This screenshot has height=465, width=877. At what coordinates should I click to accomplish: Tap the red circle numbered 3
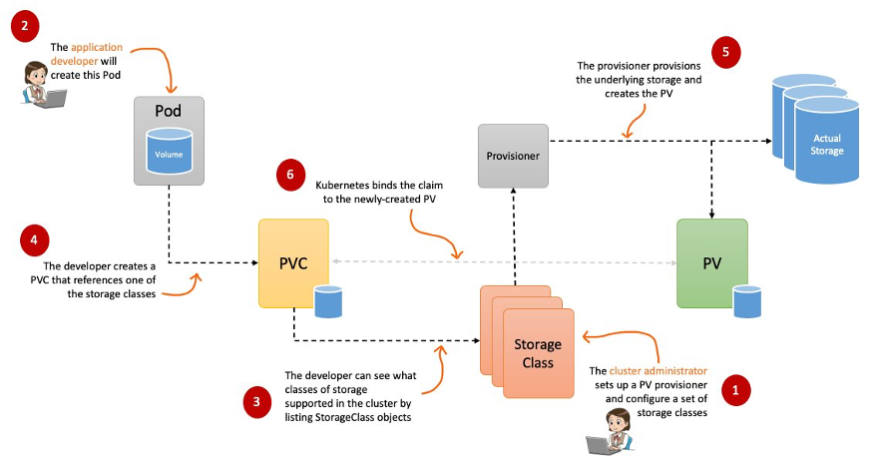point(256,402)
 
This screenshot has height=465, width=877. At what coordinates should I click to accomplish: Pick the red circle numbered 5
point(725,52)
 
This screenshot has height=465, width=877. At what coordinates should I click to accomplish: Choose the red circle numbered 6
point(290,176)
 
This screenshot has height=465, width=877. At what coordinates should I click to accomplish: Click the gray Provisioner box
point(513,156)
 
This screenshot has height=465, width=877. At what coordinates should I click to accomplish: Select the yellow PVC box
point(293,263)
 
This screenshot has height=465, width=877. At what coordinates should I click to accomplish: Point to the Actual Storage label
point(827,145)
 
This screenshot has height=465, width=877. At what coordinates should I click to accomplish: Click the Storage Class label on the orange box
point(538,353)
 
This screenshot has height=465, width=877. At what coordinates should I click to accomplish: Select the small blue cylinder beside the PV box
point(747,301)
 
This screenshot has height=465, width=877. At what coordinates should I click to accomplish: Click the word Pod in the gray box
point(169,111)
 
